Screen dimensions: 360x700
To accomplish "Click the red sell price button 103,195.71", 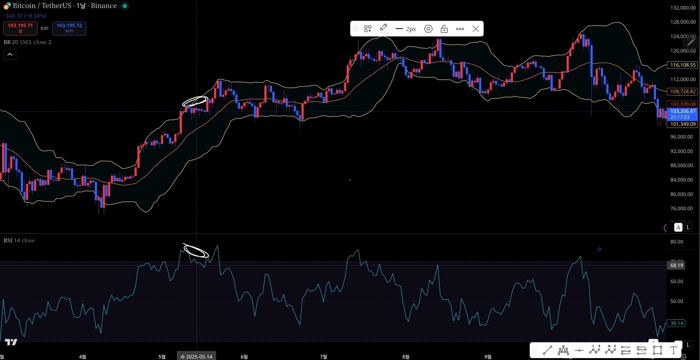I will pos(20,28).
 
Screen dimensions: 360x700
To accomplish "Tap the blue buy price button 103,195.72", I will pos(69,28).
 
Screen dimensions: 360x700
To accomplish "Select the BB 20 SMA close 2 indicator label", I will pos(27,42).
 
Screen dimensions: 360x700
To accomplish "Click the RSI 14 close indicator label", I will pos(19,240).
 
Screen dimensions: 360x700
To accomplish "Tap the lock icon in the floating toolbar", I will pos(444,29).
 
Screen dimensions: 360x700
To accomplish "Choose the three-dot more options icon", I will pos(460,29).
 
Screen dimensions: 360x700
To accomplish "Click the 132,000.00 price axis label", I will pos(683,8).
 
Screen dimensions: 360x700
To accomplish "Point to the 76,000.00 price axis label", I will pos(681,208).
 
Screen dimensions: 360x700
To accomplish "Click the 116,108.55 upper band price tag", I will pos(683,65).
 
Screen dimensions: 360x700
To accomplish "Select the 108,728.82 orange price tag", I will pos(683,91).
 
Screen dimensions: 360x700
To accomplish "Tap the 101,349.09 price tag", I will pos(683,124).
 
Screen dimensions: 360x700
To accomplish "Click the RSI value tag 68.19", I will pos(676,265).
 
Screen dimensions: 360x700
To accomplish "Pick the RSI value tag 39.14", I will pos(676,323).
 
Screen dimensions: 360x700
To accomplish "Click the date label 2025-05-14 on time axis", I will pos(197,356).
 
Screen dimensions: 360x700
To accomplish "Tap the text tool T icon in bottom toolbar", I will pos(673,351).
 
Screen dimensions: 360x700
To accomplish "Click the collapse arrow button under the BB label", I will pos(10,55).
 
